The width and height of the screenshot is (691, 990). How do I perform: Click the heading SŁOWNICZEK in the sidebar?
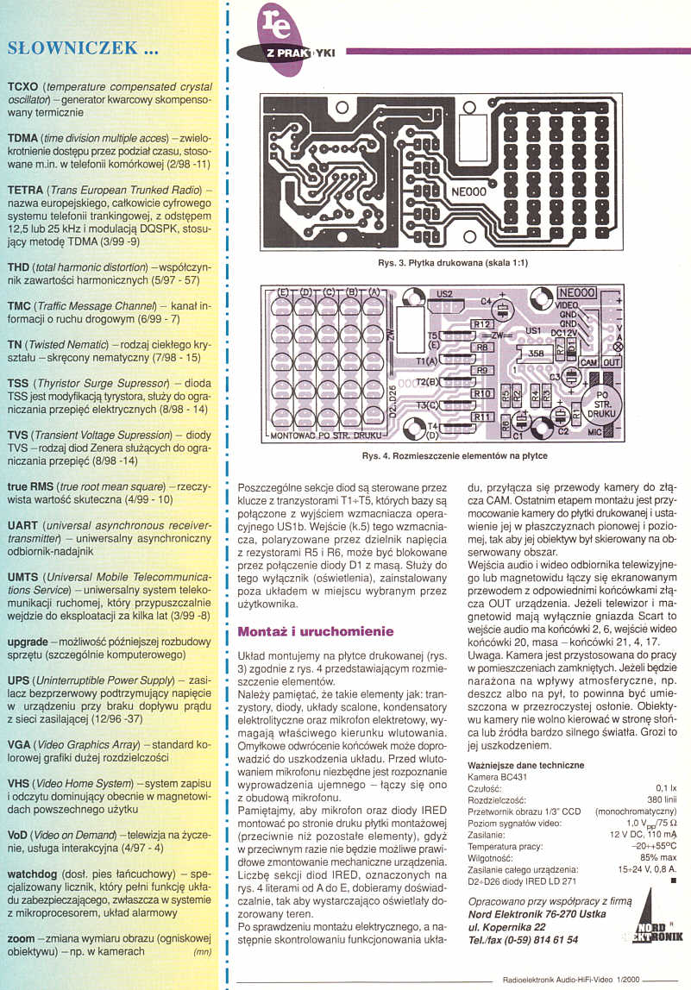coord(82,47)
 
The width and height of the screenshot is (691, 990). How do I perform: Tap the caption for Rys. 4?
coord(455,456)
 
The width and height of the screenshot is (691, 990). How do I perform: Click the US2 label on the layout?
coord(444,294)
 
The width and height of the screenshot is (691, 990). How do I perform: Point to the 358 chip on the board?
coord(536,353)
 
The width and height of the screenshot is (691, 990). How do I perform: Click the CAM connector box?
coord(588,363)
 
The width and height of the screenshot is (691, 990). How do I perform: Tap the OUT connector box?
coord(612,363)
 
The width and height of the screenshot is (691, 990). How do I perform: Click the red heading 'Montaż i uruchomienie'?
coord(315,632)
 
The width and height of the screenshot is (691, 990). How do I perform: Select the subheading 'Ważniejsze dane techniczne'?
coord(525,765)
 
